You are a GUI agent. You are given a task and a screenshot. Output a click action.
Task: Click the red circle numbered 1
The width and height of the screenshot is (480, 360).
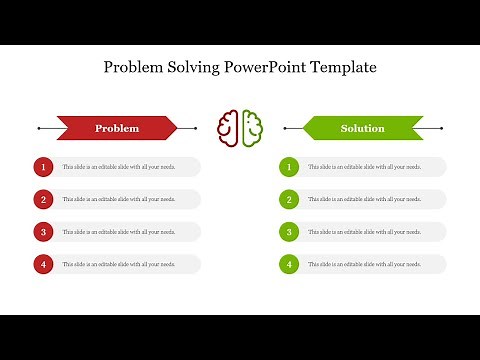click(x=43, y=167)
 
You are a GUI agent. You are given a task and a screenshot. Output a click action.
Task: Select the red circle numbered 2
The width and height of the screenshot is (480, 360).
click(x=43, y=199)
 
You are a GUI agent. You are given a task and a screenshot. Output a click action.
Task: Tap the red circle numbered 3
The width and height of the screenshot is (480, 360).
click(x=43, y=232)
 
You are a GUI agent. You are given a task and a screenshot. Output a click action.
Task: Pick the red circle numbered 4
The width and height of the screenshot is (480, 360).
click(x=43, y=264)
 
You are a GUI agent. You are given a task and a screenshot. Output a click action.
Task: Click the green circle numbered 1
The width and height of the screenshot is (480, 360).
click(x=289, y=167)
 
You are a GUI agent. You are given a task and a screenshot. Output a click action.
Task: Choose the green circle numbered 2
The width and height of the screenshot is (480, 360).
click(x=289, y=199)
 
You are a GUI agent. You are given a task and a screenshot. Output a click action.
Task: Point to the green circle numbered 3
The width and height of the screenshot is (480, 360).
click(x=289, y=232)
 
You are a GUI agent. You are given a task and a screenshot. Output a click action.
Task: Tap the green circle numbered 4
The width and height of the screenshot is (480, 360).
click(x=289, y=264)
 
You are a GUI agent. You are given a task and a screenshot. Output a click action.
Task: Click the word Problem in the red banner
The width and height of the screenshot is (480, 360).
click(x=117, y=128)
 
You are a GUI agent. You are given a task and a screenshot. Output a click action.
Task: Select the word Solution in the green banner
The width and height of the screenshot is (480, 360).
click(x=362, y=128)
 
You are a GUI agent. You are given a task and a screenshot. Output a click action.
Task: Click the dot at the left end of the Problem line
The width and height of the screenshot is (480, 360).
click(x=38, y=128)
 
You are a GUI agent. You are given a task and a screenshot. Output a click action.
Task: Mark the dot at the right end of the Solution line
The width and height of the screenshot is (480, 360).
click(x=441, y=128)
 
